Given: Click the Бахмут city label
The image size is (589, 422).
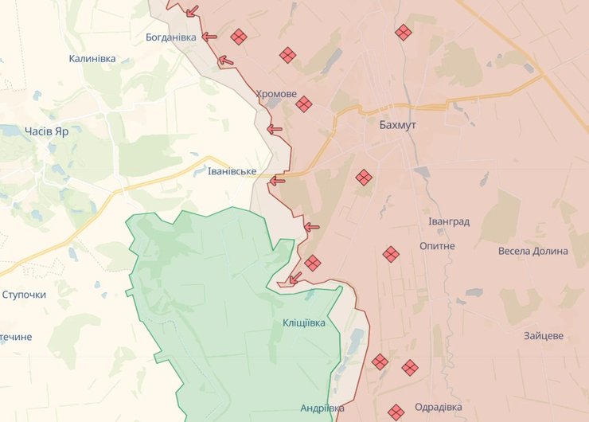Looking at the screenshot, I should tap(398, 126).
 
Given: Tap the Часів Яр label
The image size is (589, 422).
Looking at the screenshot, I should tap(46, 131).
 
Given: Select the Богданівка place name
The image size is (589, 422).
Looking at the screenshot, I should tap(171, 37).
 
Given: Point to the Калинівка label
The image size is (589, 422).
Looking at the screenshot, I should tap(92, 59).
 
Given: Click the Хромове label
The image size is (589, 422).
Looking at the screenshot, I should tap(276, 94).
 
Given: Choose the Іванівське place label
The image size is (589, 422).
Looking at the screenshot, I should tap(232, 171).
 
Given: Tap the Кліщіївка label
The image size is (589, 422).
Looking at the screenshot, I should tap(304, 322).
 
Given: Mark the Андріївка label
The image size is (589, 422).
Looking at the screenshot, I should tap(322, 408).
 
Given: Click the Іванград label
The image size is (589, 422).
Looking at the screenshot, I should tap(448, 221).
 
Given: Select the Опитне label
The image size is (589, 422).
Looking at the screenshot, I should tap(437, 246).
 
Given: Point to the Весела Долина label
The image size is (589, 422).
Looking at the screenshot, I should tap(533, 251).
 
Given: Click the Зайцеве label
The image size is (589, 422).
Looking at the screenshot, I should tap(544, 335).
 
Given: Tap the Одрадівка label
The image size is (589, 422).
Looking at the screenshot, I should tap(439, 408).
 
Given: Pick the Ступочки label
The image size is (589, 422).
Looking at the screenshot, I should tap(24, 295).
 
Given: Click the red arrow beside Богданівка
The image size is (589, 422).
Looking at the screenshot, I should tap(209, 37).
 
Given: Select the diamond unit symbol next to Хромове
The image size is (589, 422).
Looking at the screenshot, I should tap(304, 104).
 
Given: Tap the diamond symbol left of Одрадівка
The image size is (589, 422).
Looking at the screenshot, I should tap(396, 412).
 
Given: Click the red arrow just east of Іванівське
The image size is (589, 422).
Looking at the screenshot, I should tap(276, 181).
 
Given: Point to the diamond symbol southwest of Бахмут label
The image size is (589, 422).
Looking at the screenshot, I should tap(364, 178).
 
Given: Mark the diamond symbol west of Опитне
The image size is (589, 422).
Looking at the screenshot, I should tap(390, 255).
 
